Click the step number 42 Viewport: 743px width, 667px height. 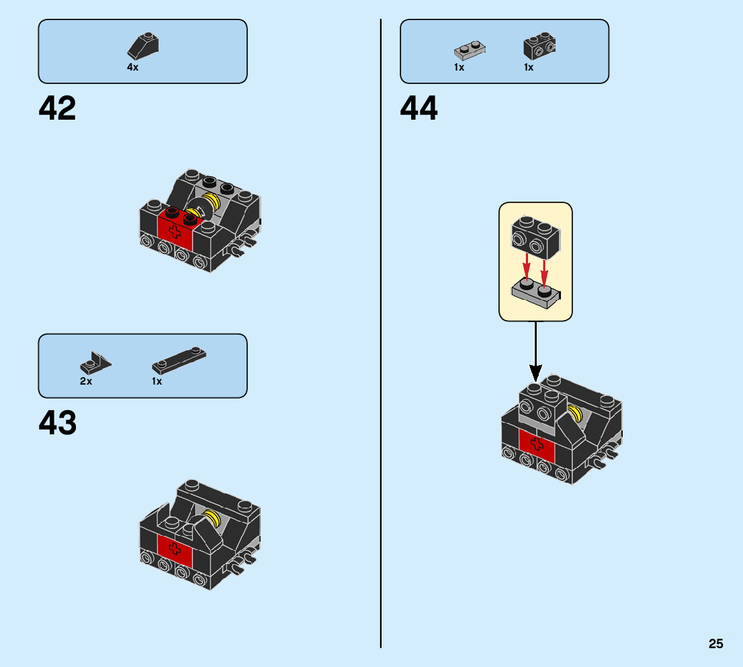pos(57,108)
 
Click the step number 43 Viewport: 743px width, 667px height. pos(57,423)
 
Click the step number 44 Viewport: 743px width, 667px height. pos(419,108)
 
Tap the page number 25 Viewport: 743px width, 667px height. pos(715,643)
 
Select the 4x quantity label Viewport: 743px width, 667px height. pos(132,67)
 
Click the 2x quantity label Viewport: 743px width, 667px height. pos(85,381)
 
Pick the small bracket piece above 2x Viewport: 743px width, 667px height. pos(95,364)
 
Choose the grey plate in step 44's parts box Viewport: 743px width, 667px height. pos(470,50)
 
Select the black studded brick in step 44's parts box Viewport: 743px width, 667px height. pos(539,46)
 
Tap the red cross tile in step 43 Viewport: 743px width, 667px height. pos(175,550)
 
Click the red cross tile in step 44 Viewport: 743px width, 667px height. pos(536,444)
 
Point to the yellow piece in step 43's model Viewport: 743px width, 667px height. pos(212,518)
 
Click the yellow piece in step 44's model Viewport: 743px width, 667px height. pos(575,414)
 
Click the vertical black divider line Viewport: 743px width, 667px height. pos(381,336)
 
